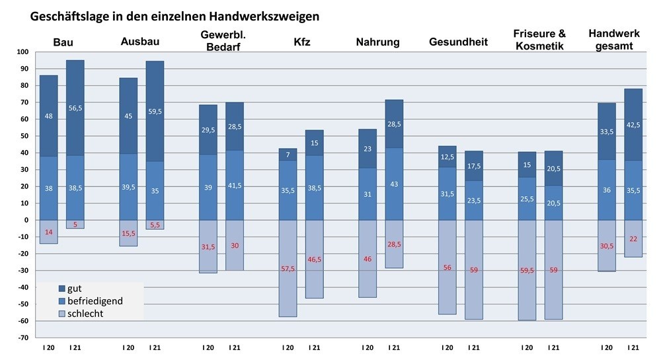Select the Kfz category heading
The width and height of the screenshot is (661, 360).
pyautogui.click(x=302, y=42)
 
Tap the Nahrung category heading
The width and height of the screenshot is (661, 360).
pyautogui.click(x=377, y=42)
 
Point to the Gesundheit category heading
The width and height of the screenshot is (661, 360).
pyautogui.click(x=458, y=42)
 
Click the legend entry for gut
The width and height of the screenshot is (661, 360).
pyautogui.click(x=75, y=289)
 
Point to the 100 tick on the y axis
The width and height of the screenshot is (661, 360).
pyautogui.click(x=23, y=52)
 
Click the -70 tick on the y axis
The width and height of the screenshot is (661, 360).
pyautogui.click(x=22, y=338)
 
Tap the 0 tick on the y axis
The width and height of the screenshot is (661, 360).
pyautogui.click(x=27, y=220)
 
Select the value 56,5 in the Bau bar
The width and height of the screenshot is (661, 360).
pyautogui.click(x=75, y=108)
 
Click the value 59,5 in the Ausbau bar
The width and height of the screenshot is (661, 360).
pyautogui.click(x=155, y=112)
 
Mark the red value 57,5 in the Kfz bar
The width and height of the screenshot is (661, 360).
pyautogui.click(x=288, y=270)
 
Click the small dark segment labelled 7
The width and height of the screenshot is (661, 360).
pyautogui.click(x=288, y=155)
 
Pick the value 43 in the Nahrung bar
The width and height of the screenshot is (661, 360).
pyautogui.click(x=395, y=183)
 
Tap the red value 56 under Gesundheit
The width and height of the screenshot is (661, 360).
pyautogui.click(x=447, y=268)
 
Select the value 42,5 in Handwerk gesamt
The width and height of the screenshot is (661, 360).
pyautogui.click(x=633, y=126)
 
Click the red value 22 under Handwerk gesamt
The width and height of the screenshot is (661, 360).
pyautogui.click(x=633, y=238)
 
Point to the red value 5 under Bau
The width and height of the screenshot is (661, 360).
pyautogui.click(x=75, y=225)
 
